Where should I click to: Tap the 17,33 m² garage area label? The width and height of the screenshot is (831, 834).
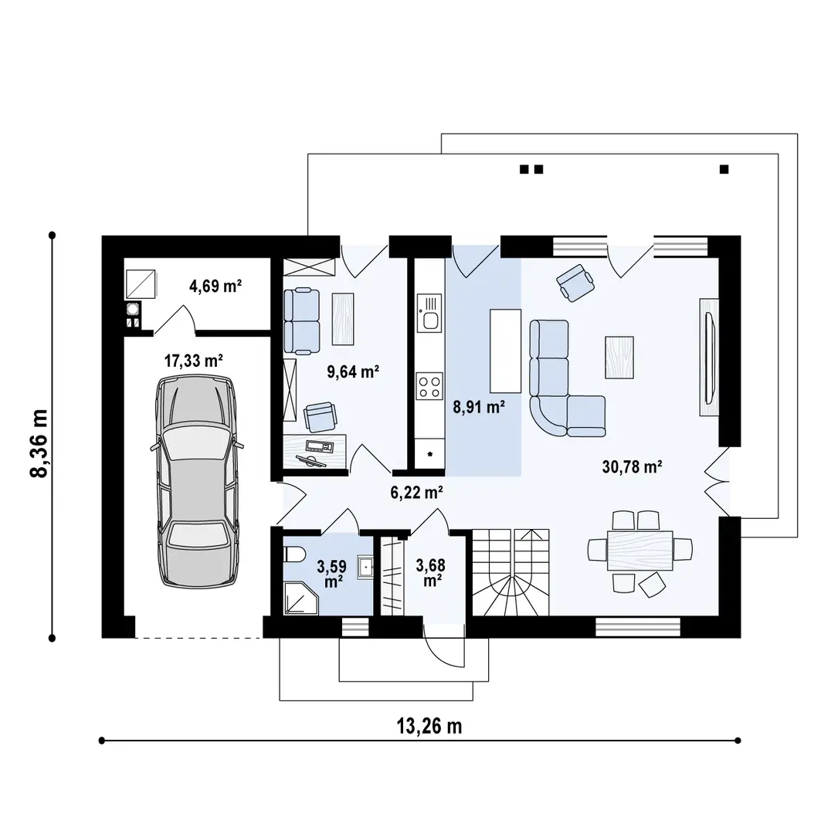[x=193, y=361]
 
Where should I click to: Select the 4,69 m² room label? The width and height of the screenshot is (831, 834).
[x=215, y=286]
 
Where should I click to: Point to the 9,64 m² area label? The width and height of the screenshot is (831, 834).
[x=353, y=371]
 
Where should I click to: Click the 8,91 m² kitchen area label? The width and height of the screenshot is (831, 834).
[x=479, y=407]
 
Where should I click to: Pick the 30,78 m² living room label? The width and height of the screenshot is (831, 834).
[x=632, y=466]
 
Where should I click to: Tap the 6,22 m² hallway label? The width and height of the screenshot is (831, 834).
[x=416, y=493]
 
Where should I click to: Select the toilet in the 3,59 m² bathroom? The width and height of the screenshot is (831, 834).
[x=293, y=555]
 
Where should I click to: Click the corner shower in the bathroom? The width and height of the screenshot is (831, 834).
[x=300, y=598]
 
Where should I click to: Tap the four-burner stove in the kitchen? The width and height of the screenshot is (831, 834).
[x=429, y=386]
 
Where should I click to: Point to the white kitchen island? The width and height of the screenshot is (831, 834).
[x=505, y=351]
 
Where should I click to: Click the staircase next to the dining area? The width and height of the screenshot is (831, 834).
[x=510, y=572]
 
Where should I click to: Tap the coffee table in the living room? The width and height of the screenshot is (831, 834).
[x=619, y=358]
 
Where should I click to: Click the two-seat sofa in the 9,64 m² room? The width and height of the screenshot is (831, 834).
[x=302, y=321]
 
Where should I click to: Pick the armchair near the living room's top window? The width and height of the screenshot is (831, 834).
[x=575, y=283]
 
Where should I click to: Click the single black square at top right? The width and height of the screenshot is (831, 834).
[x=724, y=170]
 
